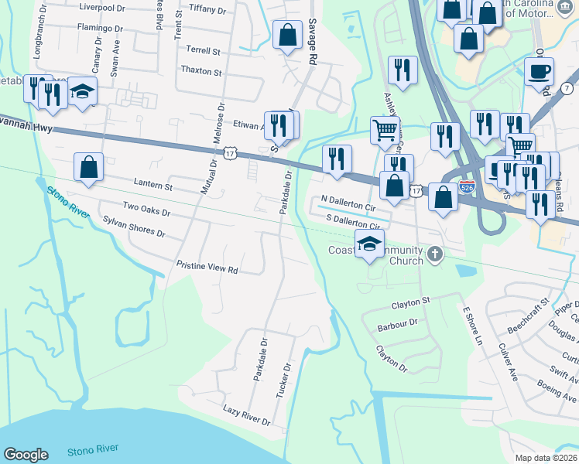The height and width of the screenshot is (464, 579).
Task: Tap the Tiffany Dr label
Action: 206,10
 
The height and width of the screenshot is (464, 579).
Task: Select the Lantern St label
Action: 152,186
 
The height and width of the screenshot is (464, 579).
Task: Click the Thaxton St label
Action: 201,72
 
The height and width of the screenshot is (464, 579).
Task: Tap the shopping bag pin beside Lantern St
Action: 89,166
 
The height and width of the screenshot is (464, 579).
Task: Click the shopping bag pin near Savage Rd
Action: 288,34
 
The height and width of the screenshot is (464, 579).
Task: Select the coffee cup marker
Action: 540,71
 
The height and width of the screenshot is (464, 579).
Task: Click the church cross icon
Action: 435,253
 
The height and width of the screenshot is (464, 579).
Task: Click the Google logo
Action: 26,455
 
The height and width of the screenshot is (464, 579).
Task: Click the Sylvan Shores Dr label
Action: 134,226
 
